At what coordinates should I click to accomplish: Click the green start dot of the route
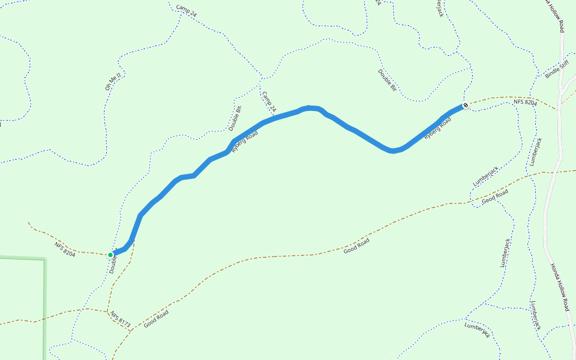tap(110, 255)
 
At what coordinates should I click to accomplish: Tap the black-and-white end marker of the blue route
tap(466, 106)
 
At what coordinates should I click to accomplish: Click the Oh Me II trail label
tap(113, 82)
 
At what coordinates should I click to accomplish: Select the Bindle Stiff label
tap(556, 70)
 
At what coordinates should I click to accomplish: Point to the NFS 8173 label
tap(120, 319)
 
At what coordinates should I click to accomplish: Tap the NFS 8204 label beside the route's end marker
tap(525, 103)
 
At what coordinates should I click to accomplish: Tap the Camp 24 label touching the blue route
tap(268, 102)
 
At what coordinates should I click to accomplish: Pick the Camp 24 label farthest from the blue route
tap(186, 11)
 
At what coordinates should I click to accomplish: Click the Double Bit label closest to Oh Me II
tap(235, 118)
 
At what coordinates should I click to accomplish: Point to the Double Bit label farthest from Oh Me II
tap(388, 80)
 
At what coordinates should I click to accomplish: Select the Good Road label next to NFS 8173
tap(156, 318)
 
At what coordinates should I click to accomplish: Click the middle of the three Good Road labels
tap(356, 245)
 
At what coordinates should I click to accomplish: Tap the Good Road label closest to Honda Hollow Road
tap(495, 196)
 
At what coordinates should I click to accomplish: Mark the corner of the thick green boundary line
tap(44, 259)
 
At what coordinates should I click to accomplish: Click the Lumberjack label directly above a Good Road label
tap(486, 175)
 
